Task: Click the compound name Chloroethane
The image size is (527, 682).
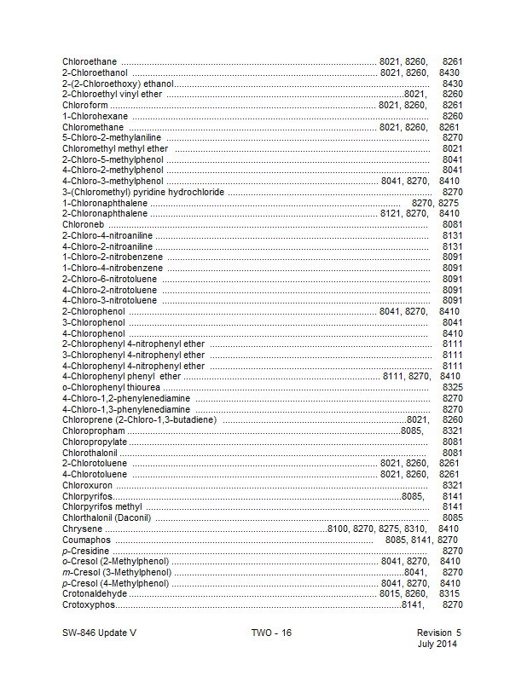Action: [x=90, y=61]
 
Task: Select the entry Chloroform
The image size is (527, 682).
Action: [x=84, y=105]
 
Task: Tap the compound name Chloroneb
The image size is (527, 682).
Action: [x=82, y=224]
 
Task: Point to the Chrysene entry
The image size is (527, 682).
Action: [x=82, y=529]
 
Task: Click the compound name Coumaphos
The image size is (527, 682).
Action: [x=87, y=540]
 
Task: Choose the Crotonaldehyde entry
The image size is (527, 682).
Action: [x=94, y=593]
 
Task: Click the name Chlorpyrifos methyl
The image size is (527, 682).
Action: [x=101, y=506]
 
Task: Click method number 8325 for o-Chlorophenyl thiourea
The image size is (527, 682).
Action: [x=453, y=387]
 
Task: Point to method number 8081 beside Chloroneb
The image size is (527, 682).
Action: [x=453, y=224]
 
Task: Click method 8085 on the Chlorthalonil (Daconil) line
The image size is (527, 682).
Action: [x=453, y=517]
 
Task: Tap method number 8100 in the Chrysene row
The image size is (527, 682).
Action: [x=338, y=529]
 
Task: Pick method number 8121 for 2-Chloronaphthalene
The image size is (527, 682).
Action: [x=390, y=213]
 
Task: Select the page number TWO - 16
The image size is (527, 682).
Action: [x=271, y=633]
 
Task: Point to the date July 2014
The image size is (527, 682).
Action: [x=437, y=644]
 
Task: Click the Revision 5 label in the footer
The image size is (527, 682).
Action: [x=438, y=633]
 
